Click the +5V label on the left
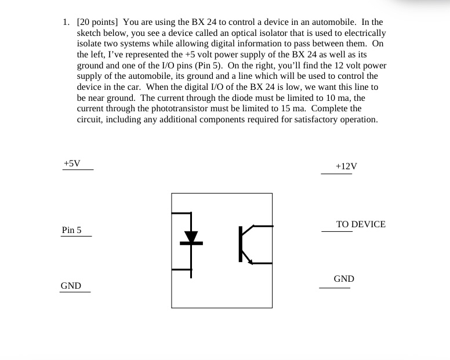coord(72,163)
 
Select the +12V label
coord(346,166)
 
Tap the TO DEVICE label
coord(361,224)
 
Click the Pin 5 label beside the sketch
coord(72,230)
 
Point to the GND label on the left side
coord(71,286)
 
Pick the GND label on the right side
coord(344,279)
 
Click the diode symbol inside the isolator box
coord(191,237)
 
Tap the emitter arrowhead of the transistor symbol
coord(250,261)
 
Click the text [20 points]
coord(99,22)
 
